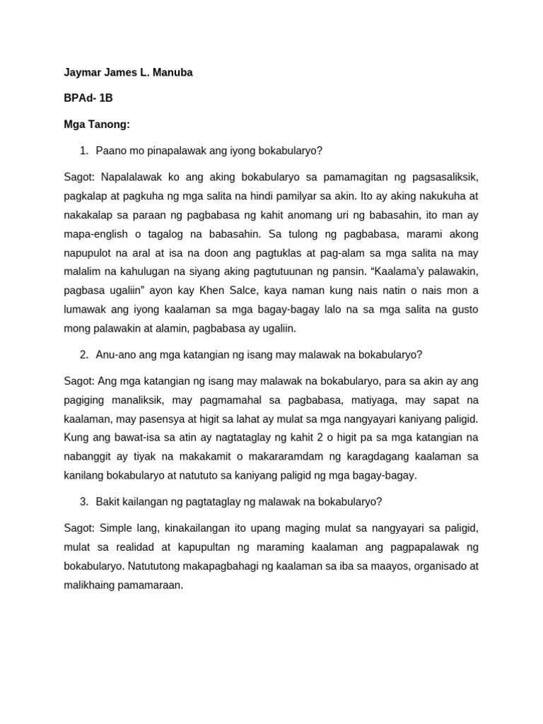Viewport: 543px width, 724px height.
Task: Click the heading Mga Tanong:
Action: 97,124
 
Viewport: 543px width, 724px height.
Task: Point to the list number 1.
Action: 83,150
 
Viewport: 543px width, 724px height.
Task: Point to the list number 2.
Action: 83,354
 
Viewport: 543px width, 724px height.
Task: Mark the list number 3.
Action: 83,501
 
